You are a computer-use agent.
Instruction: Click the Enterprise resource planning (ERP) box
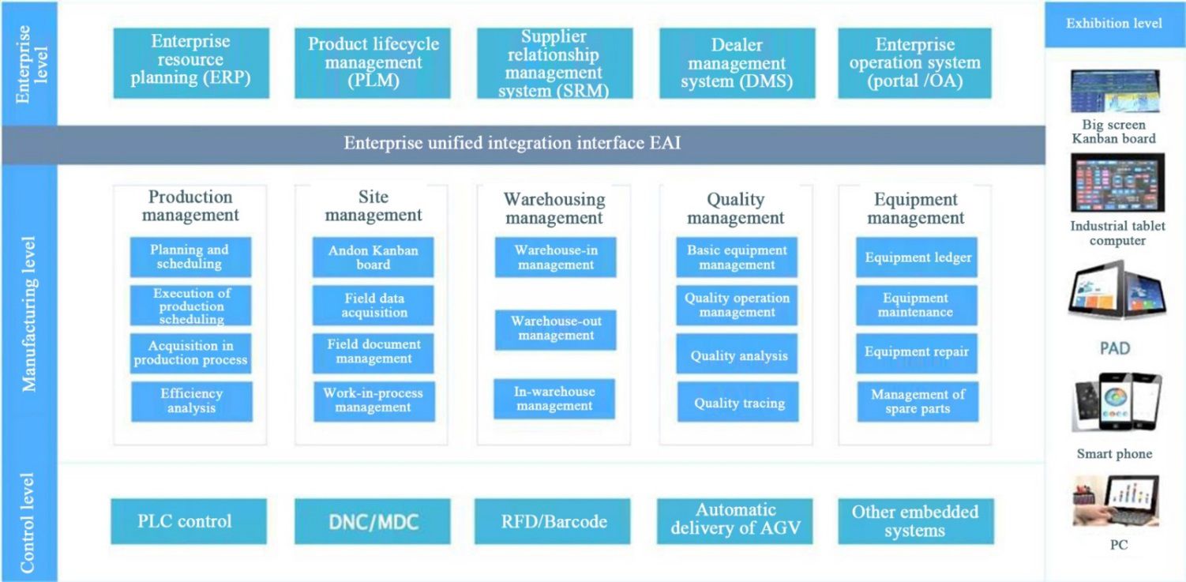[191, 63]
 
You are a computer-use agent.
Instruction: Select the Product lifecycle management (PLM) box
[373, 63]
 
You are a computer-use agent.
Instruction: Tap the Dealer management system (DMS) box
[737, 63]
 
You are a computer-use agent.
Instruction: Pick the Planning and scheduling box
[190, 257]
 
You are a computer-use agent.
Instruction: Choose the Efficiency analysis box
[192, 401]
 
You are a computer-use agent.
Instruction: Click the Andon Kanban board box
[373, 257]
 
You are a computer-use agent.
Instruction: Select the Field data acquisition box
[373, 305]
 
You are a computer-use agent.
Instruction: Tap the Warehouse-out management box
[555, 329]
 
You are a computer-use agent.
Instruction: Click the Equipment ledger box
[917, 257]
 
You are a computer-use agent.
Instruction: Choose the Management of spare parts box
[918, 401]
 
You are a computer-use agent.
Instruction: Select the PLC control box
[189, 521]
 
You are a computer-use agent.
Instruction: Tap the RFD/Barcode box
[552, 521]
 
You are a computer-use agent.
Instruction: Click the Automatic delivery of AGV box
[735, 521]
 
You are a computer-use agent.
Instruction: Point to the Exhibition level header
[1114, 24]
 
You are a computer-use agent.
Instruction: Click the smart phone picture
[1117, 403]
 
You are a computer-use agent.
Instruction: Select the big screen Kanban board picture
[1115, 91]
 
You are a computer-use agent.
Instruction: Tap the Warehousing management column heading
[554, 208]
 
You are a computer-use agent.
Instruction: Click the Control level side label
[28, 522]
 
